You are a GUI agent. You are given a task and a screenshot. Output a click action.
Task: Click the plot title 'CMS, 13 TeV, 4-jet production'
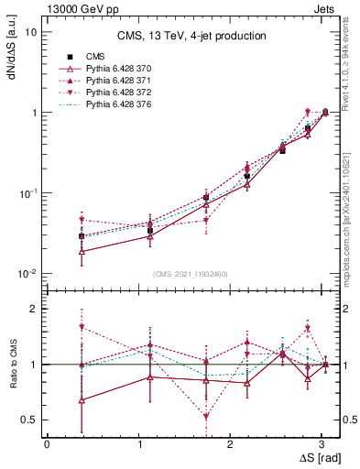191,37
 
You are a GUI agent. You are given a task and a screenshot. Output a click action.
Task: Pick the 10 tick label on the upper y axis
30,32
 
